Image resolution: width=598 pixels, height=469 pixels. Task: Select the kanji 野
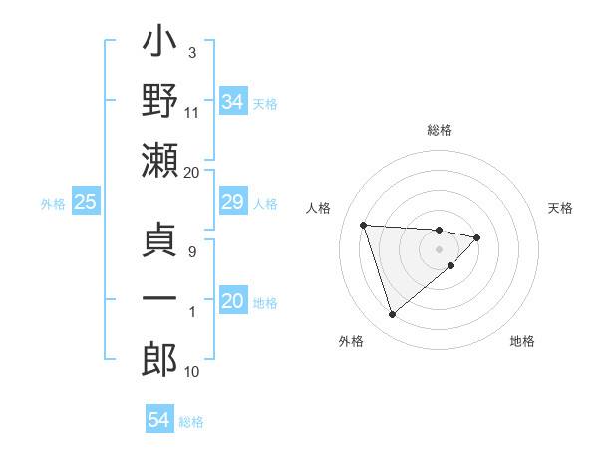tap(160, 102)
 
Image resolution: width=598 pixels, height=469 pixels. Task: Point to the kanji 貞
tap(160, 245)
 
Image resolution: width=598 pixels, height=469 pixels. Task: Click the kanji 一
tap(160, 302)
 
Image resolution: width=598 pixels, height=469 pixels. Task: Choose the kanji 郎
tap(160, 360)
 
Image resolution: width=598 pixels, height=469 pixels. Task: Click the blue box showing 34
tap(233, 102)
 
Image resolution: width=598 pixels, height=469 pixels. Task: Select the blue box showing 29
tap(233, 203)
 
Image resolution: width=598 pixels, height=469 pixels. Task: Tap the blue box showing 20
tap(233, 302)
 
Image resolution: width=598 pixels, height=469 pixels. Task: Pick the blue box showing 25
tap(86, 203)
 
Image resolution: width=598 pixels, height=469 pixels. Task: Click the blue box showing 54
tap(159, 420)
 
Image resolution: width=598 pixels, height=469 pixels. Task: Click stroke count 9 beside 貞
tap(192, 251)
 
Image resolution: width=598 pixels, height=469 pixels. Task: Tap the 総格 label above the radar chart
tap(440, 130)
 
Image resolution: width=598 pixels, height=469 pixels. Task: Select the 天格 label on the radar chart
tap(561, 208)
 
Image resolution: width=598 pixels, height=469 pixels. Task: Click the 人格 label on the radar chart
tap(320, 208)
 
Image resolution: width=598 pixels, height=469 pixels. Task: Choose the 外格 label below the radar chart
tap(351, 341)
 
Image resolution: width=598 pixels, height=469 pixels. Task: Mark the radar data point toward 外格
tap(393, 315)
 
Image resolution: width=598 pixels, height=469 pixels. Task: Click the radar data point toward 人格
tap(364, 225)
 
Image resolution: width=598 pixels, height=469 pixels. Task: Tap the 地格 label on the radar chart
tap(522, 341)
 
